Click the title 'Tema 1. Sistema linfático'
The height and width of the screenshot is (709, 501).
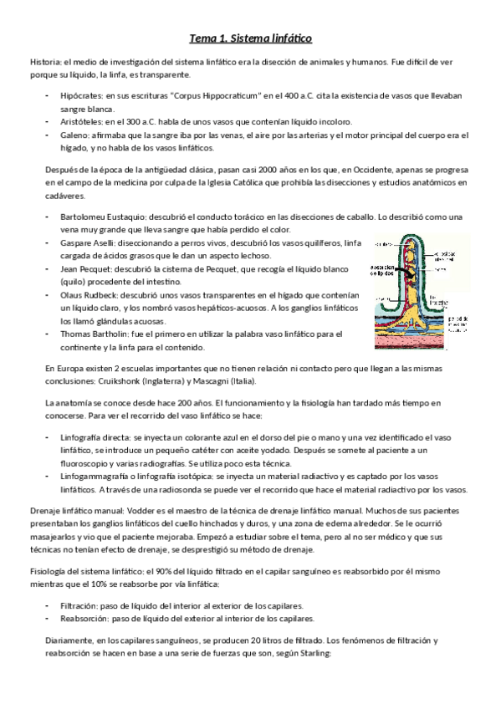(x=251, y=38)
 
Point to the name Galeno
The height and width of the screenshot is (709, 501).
(x=73, y=134)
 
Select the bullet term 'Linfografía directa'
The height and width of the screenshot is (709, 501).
(x=96, y=436)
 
